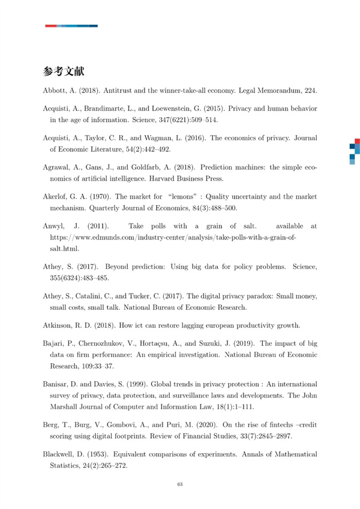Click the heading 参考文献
64,71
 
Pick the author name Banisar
59,384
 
